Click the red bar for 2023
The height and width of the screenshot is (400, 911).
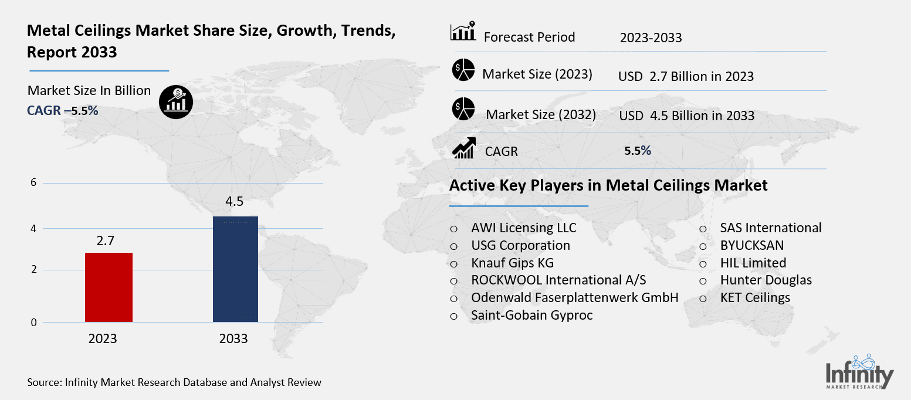pyautogui.click(x=109, y=287)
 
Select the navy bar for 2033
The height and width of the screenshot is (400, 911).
pyautogui.click(x=235, y=269)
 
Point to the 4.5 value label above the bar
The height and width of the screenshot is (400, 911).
pyautogui.click(x=234, y=202)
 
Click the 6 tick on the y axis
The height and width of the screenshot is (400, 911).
pyautogui.click(x=33, y=183)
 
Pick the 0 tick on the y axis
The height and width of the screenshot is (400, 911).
pyautogui.click(x=33, y=322)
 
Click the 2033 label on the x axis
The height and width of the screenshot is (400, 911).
pyautogui.click(x=233, y=339)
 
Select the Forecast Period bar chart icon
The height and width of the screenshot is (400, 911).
pyautogui.click(x=463, y=33)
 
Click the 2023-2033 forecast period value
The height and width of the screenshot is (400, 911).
pyautogui.click(x=651, y=38)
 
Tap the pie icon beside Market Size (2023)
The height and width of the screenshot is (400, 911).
pyautogui.click(x=463, y=70)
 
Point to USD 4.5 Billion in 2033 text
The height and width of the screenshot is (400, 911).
pyautogui.click(x=686, y=116)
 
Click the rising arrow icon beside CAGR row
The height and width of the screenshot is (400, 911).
pyautogui.click(x=463, y=148)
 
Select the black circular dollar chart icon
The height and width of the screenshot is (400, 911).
pyautogui.click(x=176, y=102)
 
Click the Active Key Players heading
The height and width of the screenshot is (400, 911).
pyautogui.click(x=608, y=185)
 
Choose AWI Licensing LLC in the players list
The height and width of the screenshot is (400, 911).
pyautogui.click(x=523, y=228)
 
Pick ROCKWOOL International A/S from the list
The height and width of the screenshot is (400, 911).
pyautogui.click(x=558, y=280)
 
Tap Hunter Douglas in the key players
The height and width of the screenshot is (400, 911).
pyautogui.click(x=766, y=280)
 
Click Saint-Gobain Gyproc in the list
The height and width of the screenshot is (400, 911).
pyautogui.click(x=531, y=316)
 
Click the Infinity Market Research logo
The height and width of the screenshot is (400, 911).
pyautogui.click(x=859, y=372)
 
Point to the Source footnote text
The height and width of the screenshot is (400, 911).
pyautogui.click(x=174, y=382)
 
